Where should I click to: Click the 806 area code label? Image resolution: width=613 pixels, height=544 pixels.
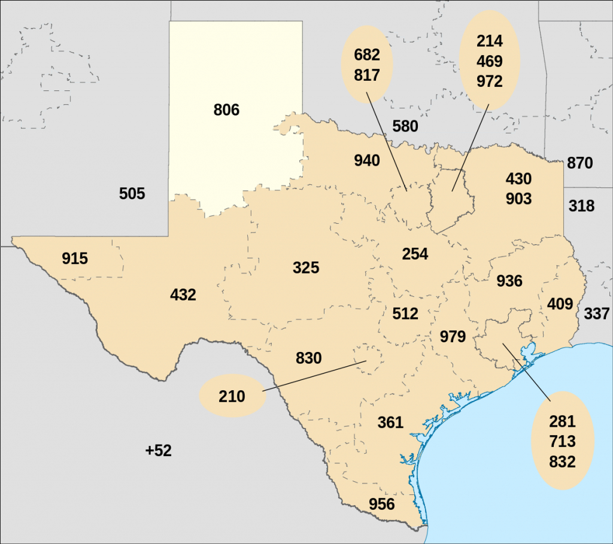[226, 110]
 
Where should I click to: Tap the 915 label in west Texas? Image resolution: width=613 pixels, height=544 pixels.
[75, 259]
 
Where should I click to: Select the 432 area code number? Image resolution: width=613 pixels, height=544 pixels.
[183, 295]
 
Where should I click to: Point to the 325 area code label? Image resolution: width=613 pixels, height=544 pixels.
[306, 268]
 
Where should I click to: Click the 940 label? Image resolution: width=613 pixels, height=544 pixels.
[367, 160]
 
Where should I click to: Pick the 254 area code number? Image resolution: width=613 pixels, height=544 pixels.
[415, 254]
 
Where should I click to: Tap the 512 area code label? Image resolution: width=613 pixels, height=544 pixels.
[405, 314]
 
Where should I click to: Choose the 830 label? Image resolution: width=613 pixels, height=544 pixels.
[309, 358]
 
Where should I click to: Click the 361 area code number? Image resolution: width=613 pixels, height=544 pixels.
[390, 423]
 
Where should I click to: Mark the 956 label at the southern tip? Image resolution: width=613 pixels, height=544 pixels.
[382, 504]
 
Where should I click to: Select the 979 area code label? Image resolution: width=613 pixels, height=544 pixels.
[453, 336]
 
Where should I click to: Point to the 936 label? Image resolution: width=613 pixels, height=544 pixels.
[509, 281]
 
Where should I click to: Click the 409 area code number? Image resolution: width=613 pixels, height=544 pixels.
[560, 304]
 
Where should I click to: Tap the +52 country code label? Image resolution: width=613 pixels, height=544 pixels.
[159, 451]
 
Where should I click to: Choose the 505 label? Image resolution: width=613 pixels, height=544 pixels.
[132, 194]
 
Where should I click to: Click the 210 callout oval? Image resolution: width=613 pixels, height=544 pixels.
[232, 396]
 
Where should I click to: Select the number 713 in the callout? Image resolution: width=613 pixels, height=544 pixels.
[563, 442]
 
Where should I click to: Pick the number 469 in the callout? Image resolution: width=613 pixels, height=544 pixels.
[490, 62]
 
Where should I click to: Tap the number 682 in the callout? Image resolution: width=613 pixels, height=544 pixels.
[367, 55]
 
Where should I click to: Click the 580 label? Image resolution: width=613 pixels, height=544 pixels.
[405, 127]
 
